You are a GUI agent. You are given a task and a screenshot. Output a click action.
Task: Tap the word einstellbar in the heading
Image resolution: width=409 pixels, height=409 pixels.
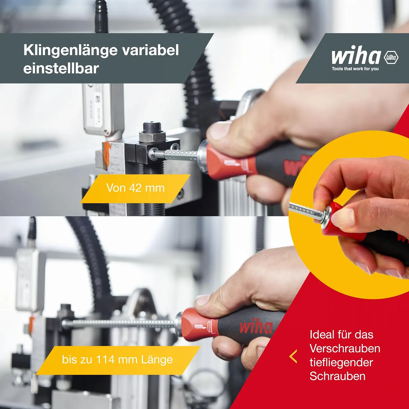click(x=61, y=69)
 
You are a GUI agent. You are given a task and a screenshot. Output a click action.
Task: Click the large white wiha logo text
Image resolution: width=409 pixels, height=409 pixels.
click(x=356, y=56)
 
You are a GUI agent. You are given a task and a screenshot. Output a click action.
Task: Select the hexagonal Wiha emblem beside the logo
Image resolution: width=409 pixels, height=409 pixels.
click(x=391, y=57)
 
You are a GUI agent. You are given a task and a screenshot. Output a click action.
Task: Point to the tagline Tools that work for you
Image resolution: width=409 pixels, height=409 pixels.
click(x=355, y=69)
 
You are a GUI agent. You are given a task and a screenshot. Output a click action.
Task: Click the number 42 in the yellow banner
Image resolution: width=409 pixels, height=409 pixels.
click(x=135, y=188)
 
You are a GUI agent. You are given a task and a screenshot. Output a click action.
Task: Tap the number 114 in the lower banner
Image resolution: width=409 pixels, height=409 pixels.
click(x=105, y=360)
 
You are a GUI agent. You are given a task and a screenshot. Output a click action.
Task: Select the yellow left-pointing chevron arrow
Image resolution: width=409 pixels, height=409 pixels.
click(x=293, y=356)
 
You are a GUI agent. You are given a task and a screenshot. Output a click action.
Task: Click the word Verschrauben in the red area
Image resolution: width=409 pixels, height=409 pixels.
click(x=345, y=349)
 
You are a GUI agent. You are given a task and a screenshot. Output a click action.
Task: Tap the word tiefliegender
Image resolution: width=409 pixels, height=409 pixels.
click(x=341, y=362)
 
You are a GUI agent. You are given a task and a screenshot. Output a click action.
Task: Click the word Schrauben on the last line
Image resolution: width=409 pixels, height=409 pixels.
click(x=337, y=376)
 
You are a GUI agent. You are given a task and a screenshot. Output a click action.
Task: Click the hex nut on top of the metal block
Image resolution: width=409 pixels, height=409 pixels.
click(x=152, y=136)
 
